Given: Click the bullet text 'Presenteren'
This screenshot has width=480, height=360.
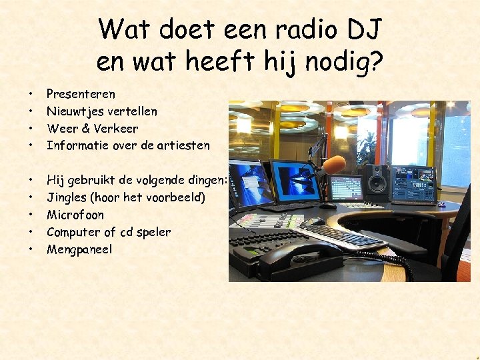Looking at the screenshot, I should [x=81, y=94].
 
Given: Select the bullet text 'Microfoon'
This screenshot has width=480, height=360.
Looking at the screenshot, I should [x=75, y=215].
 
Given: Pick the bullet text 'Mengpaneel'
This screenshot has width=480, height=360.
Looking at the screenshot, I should [x=79, y=249].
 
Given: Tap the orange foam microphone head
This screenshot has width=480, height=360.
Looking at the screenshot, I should [x=333, y=164].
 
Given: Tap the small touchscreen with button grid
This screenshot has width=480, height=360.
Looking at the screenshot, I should [x=345, y=189].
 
